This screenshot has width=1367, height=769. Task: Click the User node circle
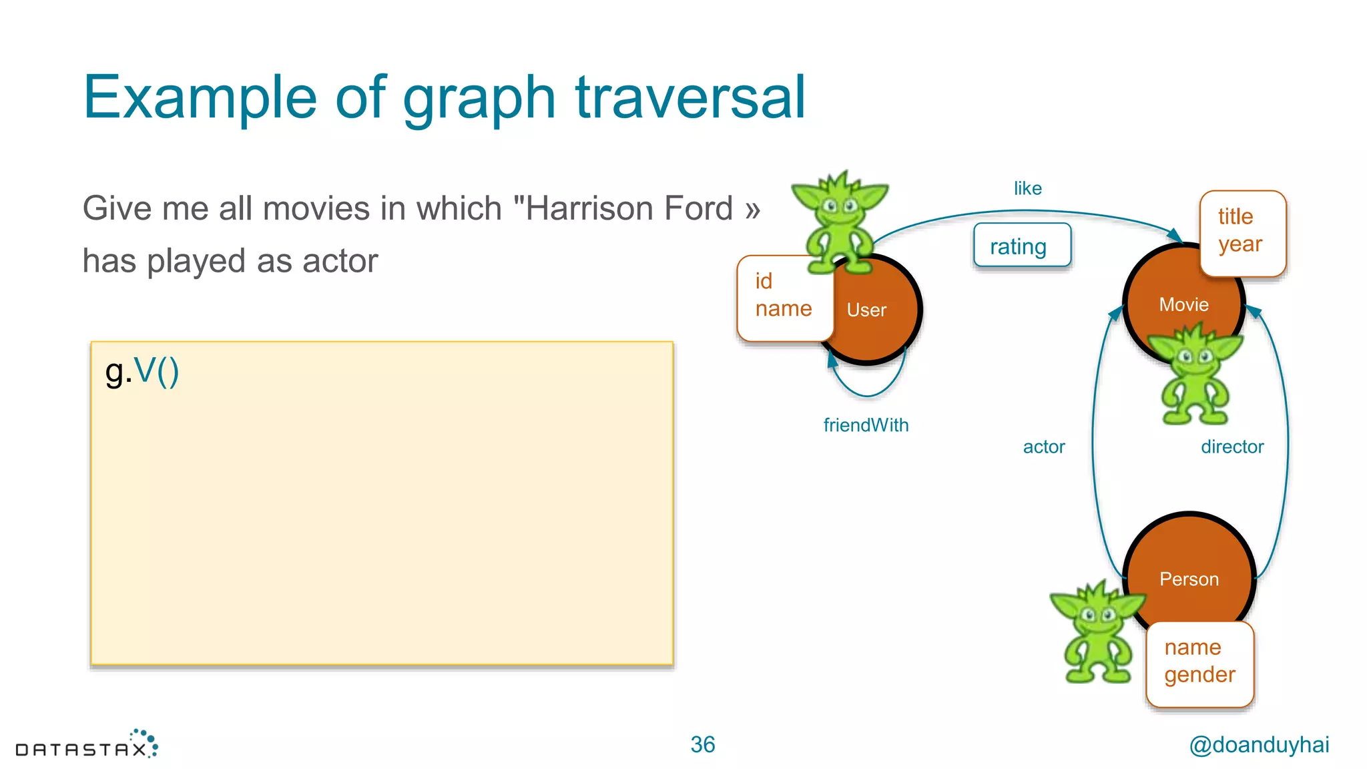click(x=874, y=320)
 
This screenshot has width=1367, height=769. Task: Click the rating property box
click(x=1022, y=246)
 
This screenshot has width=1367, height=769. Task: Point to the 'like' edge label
click(x=1027, y=189)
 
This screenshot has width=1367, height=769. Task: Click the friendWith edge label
click(x=866, y=425)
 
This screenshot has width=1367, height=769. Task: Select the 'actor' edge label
click(x=1044, y=447)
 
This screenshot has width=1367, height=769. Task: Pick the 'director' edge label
click(x=1232, y=447)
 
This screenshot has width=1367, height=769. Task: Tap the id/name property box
click(x=784, y=297)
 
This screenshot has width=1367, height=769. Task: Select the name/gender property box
click(x=1199, y=663)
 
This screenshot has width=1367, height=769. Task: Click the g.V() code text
click(x=142, y=371)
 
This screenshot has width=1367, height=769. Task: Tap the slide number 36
click(x=702, y=744)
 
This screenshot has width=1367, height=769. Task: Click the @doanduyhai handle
click(x=1259, y=745)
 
